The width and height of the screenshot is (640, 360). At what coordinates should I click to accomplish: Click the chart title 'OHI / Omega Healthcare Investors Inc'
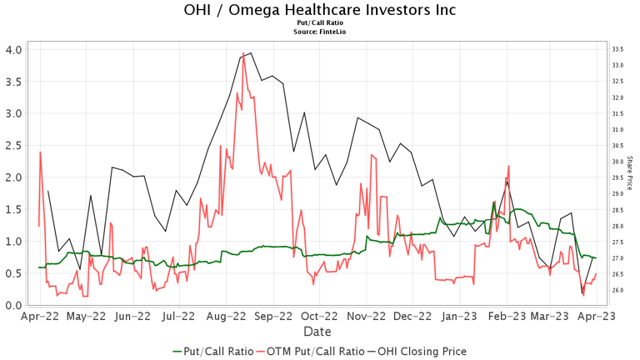320,11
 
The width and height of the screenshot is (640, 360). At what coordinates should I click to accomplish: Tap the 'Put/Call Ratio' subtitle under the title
320,23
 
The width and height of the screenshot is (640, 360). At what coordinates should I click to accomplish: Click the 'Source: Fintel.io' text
320,32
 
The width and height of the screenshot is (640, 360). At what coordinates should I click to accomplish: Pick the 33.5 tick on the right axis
618,49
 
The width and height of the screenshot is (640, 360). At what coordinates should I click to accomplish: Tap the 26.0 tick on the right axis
618,290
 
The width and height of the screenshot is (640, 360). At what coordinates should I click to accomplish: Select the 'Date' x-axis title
317,332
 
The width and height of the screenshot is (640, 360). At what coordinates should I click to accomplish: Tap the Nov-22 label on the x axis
366,317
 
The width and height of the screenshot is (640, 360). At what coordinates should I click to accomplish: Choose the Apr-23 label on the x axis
597,317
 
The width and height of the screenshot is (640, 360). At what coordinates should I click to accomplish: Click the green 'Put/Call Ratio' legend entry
212,351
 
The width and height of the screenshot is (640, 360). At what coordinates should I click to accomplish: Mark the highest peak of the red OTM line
243,53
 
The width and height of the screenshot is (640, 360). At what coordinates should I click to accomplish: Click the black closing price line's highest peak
251,52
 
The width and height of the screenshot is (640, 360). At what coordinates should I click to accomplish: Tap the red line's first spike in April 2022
41,152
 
